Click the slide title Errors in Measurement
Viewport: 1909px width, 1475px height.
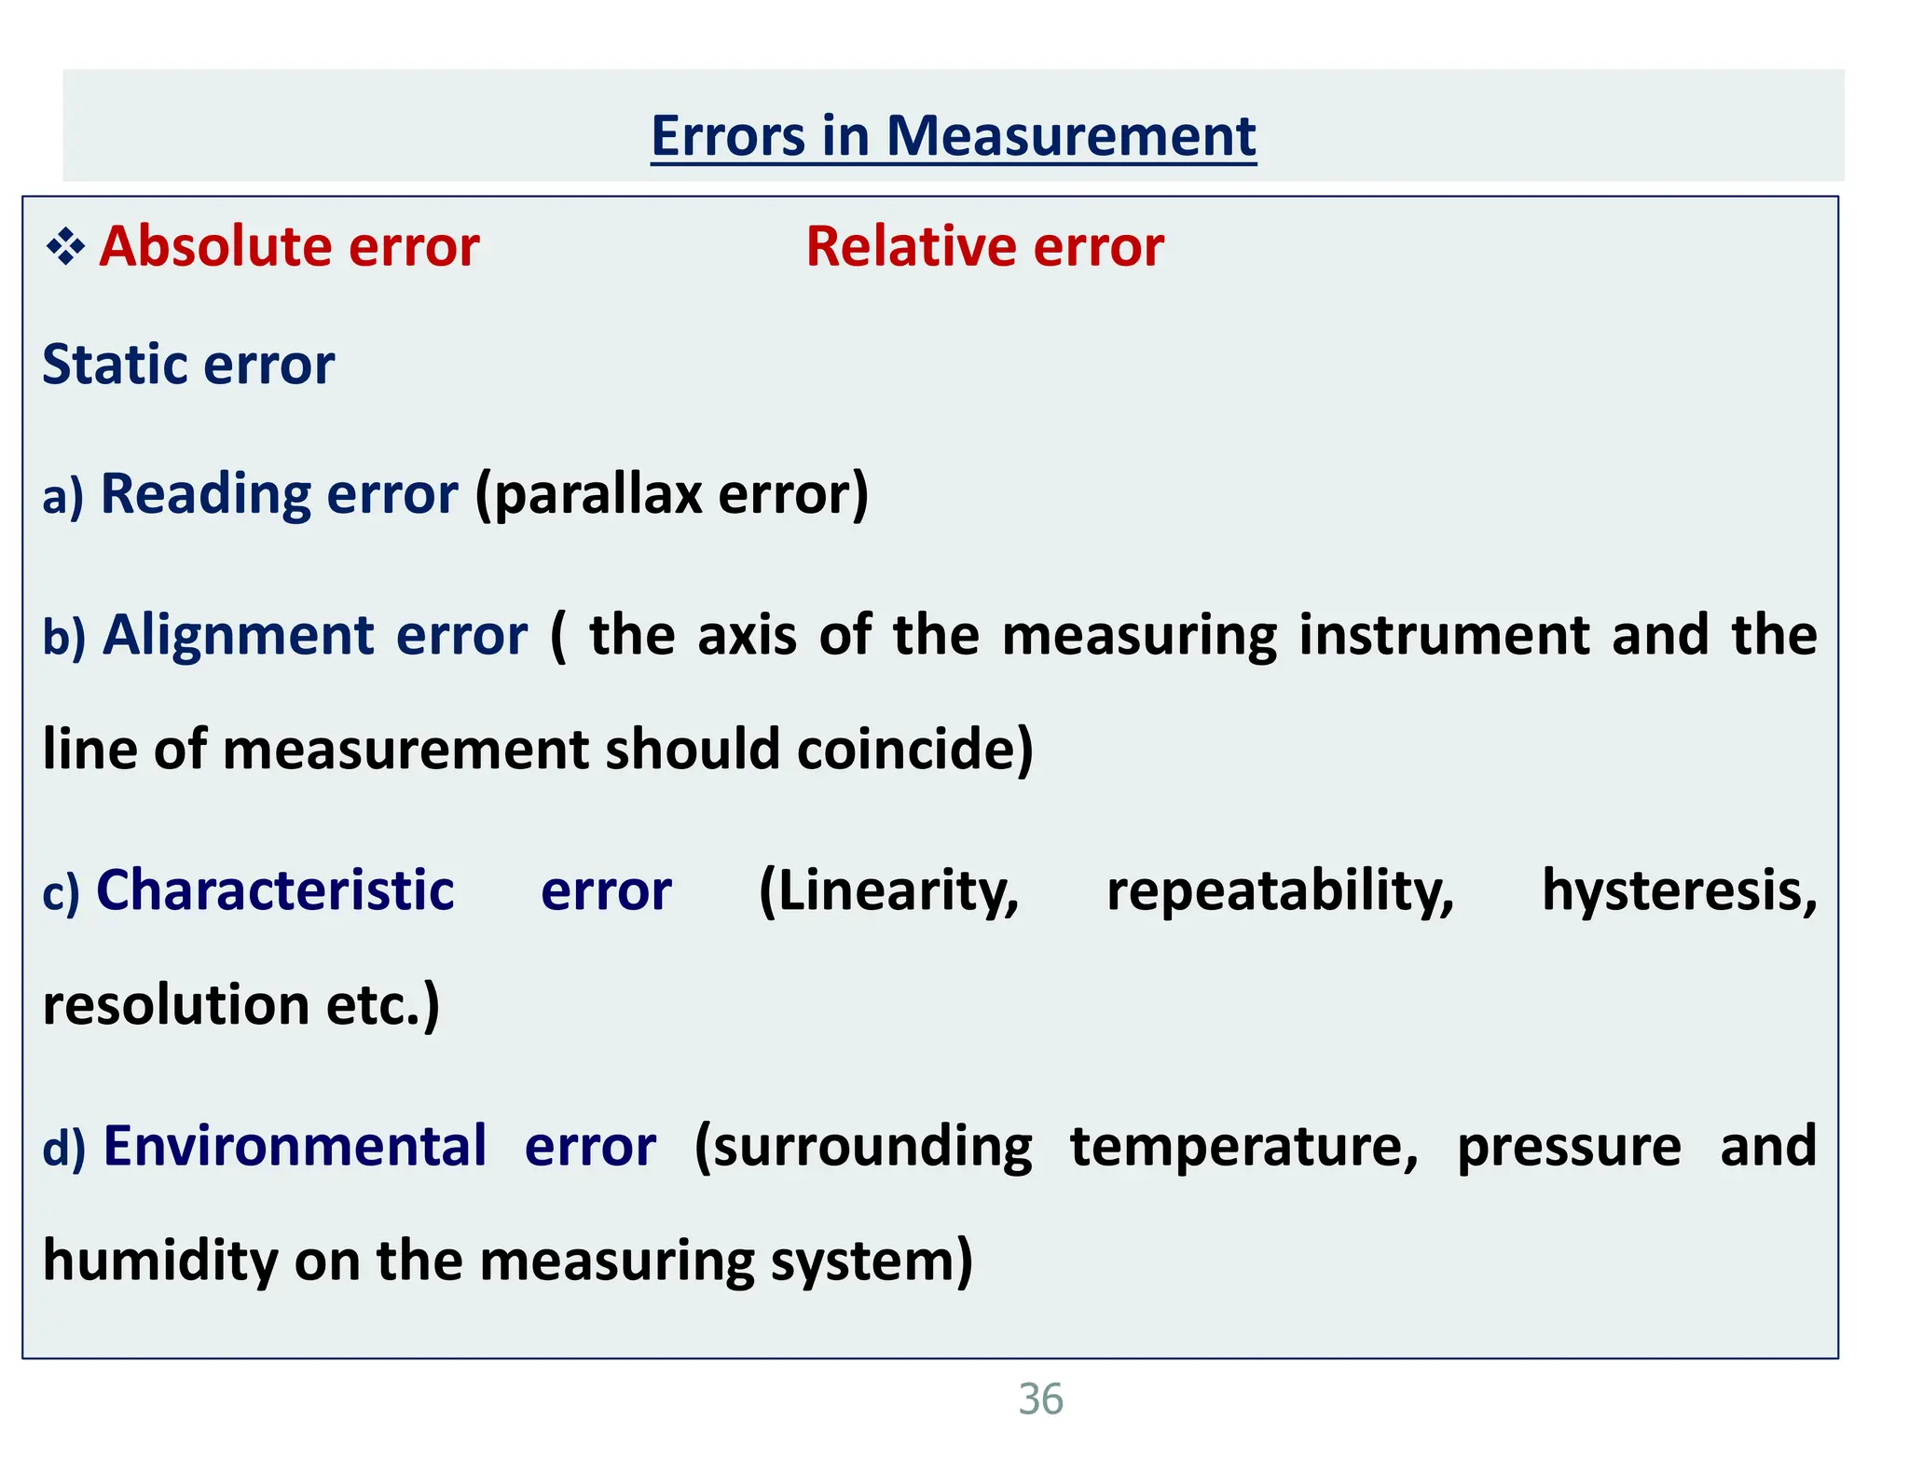click(953, 136)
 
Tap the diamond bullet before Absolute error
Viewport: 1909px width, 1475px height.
click(65, 248)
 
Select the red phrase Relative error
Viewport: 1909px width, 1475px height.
click(984, 247)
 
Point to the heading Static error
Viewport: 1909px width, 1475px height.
click(188, 365)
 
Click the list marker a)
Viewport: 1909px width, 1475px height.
click(62, 496)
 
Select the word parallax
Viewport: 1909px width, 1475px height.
click(597, 494)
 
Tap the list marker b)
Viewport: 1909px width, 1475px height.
click(64, 637)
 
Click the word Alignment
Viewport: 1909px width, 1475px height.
click(239, 636)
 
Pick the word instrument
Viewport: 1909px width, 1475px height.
click(1444, 636)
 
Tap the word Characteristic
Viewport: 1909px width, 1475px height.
click(275, 890)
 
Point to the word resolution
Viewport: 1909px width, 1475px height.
click(176, 1006)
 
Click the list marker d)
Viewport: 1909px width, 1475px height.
click(64, 1148)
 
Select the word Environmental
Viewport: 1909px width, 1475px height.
click(295, 1147)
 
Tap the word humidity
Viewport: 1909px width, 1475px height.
click(160, 1261)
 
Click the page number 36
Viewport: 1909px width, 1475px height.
click(1040, 1399)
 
